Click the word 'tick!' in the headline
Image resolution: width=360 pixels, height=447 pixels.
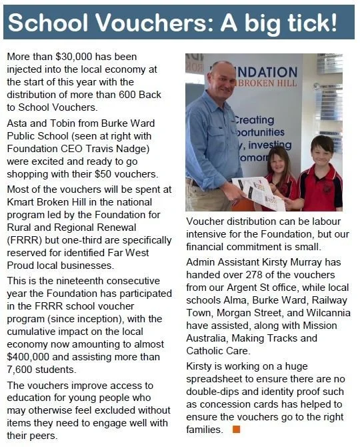(312, 23)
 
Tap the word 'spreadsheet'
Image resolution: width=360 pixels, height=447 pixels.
(217, 382)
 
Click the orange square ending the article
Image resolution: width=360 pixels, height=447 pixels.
(235, 430)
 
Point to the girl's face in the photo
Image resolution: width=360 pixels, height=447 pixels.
(277, 161)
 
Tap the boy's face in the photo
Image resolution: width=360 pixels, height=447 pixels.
(323, 151)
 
